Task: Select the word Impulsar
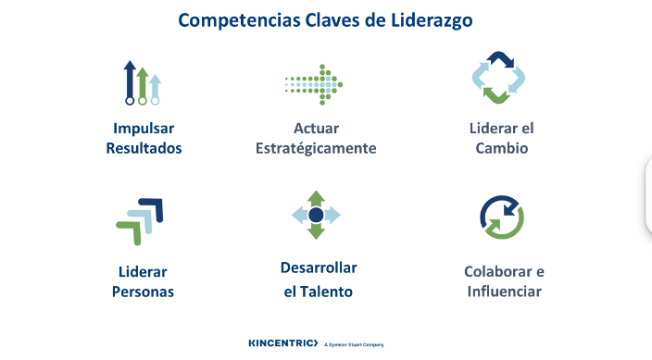[144, 128]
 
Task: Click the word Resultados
[144, 147]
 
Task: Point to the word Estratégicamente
[316, 148]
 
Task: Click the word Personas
[143, 292]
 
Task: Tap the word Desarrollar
[319, 267]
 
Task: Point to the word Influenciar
[503, 292]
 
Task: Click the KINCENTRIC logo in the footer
[282, 343]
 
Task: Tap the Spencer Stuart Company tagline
[354, 344]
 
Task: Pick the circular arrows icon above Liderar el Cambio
[501, 78]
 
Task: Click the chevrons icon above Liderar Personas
[140, 220]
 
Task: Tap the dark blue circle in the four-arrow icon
[316, 215]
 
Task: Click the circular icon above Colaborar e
[501, 217]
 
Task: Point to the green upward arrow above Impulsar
[143, 84]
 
